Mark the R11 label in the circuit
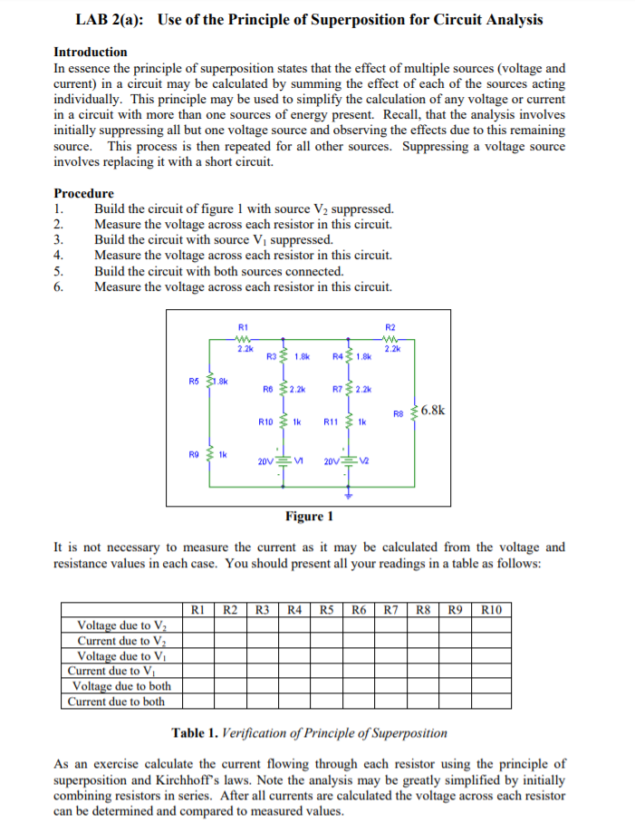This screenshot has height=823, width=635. pos(331,421)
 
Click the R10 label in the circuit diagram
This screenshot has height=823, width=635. pos(265,421)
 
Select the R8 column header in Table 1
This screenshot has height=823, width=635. pos(421,610)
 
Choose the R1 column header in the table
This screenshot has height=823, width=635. pos(200,610)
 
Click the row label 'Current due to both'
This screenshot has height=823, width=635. pos(117,701)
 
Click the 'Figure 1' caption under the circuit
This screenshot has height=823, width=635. pos(309,517)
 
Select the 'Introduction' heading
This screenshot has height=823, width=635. pos(91,52)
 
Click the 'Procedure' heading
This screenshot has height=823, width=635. pos(84,193)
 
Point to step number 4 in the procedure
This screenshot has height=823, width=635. pos(59,256)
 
